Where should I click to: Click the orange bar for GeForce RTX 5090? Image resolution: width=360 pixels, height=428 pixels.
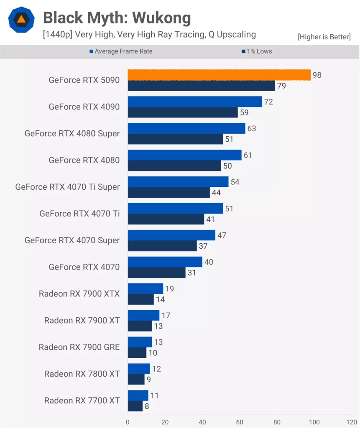click(219, 75)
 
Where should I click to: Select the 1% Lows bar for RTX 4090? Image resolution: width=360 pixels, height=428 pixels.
click(183, 112)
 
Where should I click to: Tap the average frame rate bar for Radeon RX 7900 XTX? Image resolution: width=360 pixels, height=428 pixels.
click(145, 289)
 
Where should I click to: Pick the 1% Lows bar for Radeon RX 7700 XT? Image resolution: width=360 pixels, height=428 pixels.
click(135, 406)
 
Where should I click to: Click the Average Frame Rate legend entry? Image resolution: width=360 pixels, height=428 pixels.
click(121, 51)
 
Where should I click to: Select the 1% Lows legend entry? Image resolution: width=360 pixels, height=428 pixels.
click(256, 51)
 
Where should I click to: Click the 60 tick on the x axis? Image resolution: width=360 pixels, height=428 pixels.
click(240, 422)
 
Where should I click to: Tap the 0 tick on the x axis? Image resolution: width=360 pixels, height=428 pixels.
click(128, 422)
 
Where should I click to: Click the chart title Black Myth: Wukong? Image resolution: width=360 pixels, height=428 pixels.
click(117, 18)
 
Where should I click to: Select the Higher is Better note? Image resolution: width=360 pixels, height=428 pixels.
click(324, 37)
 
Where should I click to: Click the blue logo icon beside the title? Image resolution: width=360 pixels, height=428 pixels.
click(21, 19)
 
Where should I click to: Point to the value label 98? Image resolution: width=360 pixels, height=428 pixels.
click(317, 75)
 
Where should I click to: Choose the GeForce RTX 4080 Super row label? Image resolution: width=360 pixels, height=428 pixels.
click(72, 133)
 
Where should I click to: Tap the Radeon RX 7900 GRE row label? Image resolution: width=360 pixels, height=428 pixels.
click(79, 347)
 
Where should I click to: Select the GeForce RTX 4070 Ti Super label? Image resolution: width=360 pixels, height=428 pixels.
click(67, 187)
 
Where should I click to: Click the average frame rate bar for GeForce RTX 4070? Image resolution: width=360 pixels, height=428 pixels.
click(165, 262)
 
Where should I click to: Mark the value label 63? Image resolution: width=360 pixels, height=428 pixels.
click(252, 128)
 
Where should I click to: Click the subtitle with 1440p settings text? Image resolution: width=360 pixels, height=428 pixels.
click(149, 34)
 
